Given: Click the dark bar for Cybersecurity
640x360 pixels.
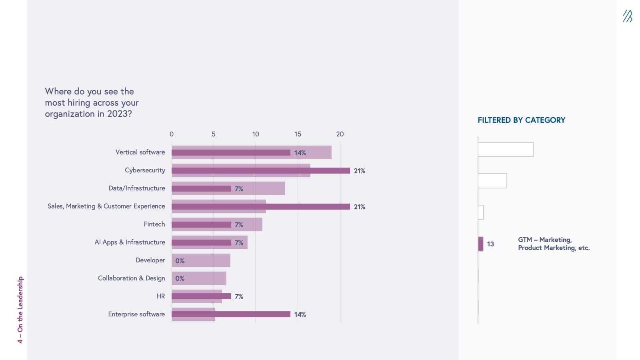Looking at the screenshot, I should [x=260, y=170].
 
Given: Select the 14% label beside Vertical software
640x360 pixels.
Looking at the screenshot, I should [x=300, y=153].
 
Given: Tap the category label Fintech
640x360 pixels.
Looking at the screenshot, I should [x=154, y=224].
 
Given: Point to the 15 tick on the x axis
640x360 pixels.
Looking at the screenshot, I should [x=298, y=134].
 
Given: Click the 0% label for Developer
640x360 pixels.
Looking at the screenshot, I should [x=180, y=261].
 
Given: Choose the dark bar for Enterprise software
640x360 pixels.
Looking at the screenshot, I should [x=231, y=314].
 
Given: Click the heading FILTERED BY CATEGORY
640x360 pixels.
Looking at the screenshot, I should [x=521, y=120].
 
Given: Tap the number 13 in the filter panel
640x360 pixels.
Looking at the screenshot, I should [x=490, y=244].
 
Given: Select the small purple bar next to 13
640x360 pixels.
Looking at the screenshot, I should [x=480, y=244].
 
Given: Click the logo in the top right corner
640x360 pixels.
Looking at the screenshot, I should [x=627, y=16].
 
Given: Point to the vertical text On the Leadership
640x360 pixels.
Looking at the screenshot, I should [x=20, y=310].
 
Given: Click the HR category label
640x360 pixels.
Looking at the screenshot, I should [x=160, y=296].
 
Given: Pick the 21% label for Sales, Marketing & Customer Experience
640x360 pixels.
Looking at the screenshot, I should [x=359, y=207].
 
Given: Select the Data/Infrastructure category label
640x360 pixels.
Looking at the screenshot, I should [x=137, y=188].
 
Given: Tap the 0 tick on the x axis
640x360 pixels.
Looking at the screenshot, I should [x=172, y=134].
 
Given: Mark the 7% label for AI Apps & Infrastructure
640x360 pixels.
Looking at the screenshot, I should [x=239, y=243].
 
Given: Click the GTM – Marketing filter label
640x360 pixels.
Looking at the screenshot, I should [x=554, y=244].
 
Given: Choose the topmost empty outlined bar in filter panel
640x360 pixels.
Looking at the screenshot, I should [x=506, y=149].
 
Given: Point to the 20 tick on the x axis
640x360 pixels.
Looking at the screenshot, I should [x=340, y=134].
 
